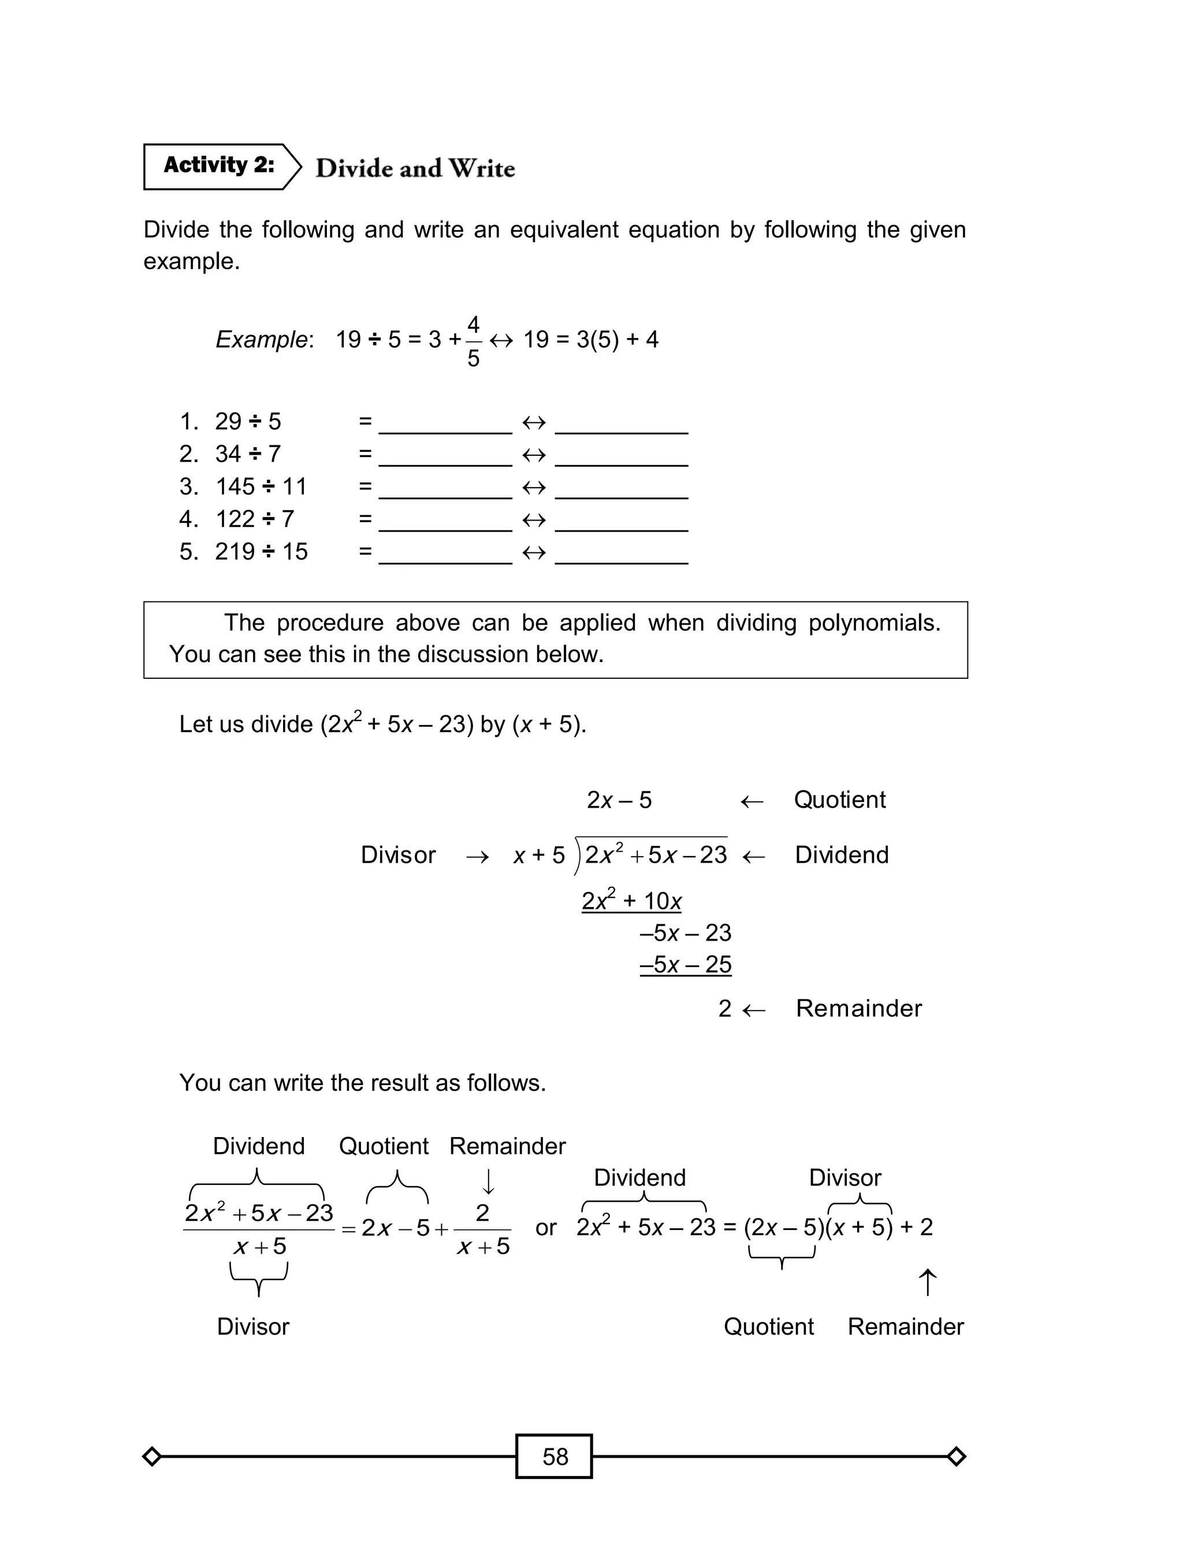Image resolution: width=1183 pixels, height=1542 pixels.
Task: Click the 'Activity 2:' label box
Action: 219,166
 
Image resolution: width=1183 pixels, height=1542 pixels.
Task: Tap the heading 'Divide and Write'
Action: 415,169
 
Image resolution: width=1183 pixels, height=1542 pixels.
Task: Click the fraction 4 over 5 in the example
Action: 473,341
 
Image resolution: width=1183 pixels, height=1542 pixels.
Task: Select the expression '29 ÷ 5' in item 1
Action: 248,422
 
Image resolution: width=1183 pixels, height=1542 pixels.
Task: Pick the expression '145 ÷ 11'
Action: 261,486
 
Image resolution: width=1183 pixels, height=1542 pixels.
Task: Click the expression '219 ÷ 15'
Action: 261,551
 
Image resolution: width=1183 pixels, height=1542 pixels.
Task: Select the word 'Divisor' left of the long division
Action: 398,855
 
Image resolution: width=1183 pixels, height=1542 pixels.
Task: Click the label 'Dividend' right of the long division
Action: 842,855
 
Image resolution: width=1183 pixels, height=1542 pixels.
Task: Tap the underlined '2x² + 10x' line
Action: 631,901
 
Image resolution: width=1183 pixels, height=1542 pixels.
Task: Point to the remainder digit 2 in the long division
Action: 724,1008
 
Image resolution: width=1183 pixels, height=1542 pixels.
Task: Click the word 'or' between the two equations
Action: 546,1227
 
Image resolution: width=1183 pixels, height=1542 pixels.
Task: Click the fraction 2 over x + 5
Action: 482,1229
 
